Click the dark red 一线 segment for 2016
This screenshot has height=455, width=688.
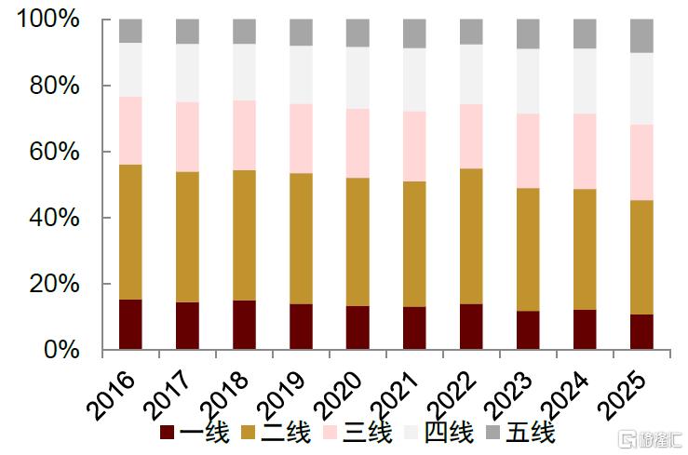click(130, 325)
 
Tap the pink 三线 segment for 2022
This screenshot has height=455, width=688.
click(471, 136)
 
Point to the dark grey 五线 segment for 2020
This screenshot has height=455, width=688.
click(357, 33)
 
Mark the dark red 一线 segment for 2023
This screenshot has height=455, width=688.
click(528, 330)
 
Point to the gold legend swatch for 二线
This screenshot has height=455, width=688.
click(249, 433)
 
